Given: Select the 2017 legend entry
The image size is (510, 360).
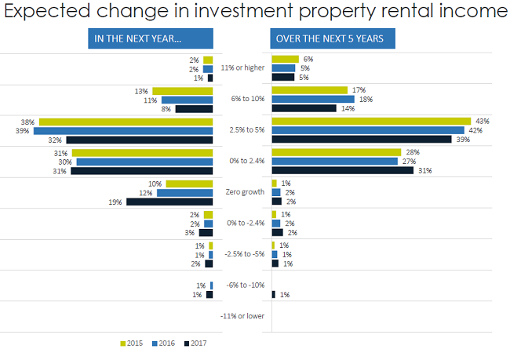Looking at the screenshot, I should [x=197, y=342].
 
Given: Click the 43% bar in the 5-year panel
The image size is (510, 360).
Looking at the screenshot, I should [x=370, y=121].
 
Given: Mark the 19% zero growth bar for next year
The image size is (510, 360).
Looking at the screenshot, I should [x=169, y=202].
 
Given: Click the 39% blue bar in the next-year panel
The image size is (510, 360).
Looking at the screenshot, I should [x=124, y=130].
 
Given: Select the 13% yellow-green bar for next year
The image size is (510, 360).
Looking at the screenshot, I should [x=183, y=91].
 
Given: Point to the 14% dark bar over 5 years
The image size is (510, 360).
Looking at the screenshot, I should [x=304, y=108].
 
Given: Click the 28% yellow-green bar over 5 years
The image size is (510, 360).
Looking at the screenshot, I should [x=335, y=151].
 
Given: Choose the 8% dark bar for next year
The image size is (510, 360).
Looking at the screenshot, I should [x=194, y=109].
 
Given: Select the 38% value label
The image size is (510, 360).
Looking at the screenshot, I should [x=27, y=122].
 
